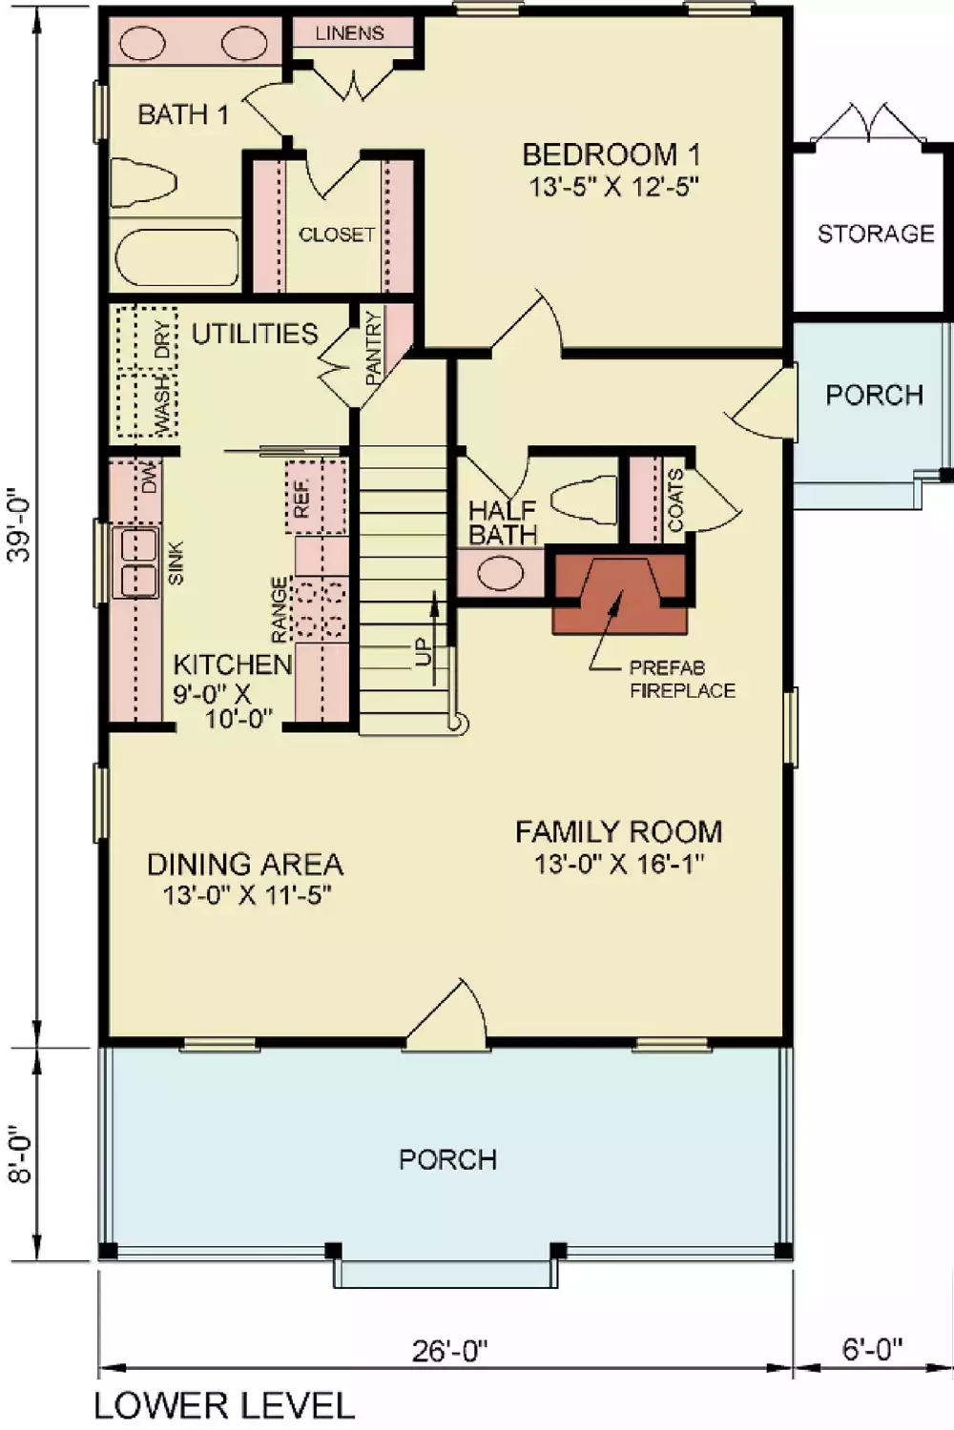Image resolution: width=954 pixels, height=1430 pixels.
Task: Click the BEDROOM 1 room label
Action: click(612, 154)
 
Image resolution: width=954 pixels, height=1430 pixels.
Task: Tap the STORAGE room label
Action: click(876, 234)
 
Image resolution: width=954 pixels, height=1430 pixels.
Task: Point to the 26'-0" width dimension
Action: click(450, 1351)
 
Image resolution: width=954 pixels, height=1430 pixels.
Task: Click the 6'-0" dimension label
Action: click(873, 1350)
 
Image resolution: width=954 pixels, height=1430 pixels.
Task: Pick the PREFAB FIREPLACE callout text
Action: click(682, 679)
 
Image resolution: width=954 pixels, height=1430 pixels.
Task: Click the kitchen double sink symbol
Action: click(135, 562)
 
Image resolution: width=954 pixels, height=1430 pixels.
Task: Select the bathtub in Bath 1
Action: click(176, 257)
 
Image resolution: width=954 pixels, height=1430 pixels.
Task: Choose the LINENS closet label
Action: click(349, 33)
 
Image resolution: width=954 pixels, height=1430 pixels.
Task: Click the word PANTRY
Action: click(373, 348)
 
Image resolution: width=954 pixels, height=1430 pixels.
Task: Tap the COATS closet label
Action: click(674, 501)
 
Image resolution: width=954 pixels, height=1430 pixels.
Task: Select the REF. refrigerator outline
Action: click(317, 497)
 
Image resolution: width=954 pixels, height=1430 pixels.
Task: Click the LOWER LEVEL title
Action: click(225, 1406)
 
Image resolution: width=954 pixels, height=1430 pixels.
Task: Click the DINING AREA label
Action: click(245, 865)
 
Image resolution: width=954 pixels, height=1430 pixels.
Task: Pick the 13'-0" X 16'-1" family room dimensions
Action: click(618, 865)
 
